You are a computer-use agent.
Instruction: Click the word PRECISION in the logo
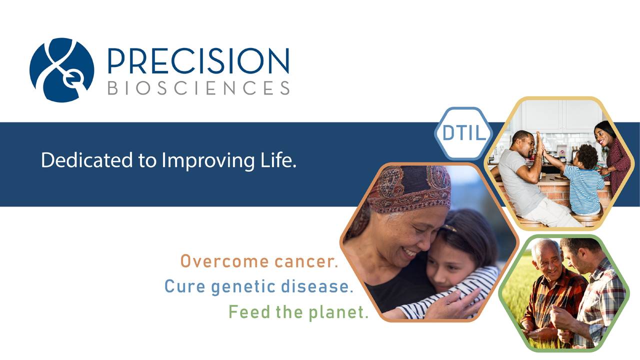pos(198,61)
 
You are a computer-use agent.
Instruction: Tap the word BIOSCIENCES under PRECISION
pos(199,87)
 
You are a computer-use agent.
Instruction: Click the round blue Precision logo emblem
pos(61,70)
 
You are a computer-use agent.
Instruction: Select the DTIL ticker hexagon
pos(463,133)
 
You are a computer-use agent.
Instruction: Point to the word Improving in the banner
pos(208,160)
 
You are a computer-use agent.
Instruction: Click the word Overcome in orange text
pos(224,261)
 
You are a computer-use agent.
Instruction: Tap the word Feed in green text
pos(249,311)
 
